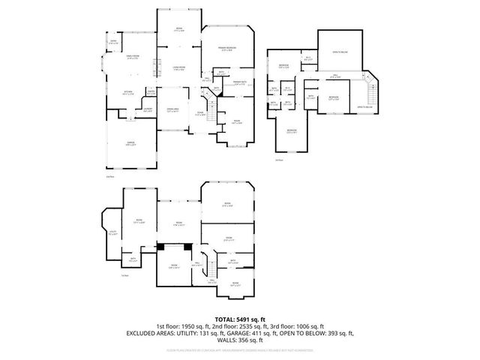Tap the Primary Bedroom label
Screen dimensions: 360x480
point(229,48)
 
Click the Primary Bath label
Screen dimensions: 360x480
point(239,83)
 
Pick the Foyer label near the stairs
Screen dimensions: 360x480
point(200,113)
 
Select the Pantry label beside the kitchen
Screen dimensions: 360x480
point(151,92)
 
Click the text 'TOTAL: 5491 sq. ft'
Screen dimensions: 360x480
point(240,319)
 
